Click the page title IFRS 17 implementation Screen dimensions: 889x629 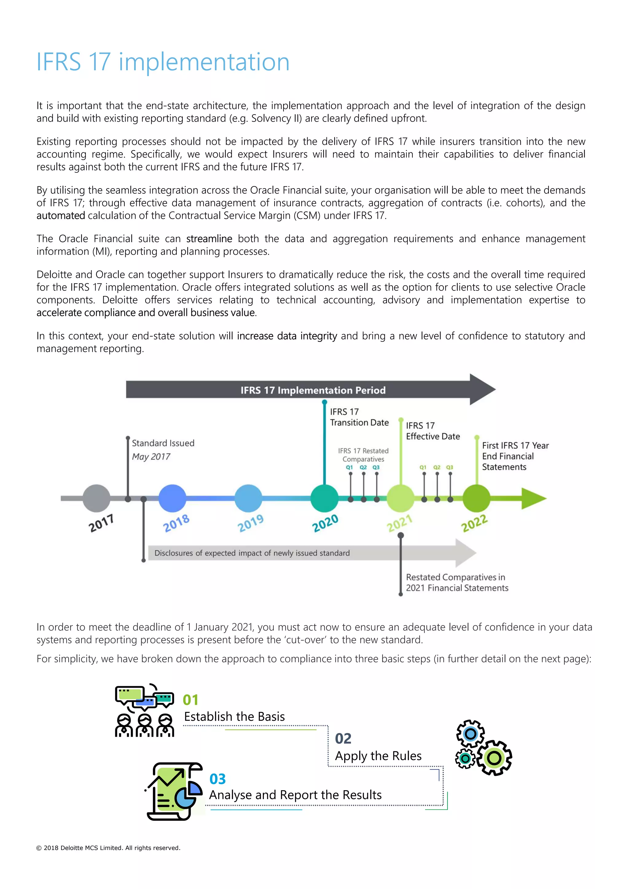click(x=163, y=62)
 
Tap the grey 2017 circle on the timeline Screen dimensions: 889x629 click(x=96, y=498)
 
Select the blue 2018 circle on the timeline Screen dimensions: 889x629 click(x=172, y=498)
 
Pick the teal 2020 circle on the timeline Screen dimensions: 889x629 click(x=325, y=498)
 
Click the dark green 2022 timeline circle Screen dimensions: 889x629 click(x=476, y=498)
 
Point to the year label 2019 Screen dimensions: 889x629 click(x=251, y=523)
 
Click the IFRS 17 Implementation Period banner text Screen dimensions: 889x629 click(x=313, y=390)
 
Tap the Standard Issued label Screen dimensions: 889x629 click(x=163, y=443)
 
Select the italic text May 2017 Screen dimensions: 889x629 click(x=151, y=456)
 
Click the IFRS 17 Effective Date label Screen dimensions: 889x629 click(x=433, y=431)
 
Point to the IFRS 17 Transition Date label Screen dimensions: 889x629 click(x=359, y=417)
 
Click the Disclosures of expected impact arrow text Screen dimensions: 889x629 click(x=252, y=553)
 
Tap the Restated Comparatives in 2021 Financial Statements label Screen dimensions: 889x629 click(x=457, y=582)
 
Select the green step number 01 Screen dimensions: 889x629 click(x=190, y=700)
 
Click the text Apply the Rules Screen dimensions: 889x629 click(x=378, y=755)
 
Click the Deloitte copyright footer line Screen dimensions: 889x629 click(x=108, y=848)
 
